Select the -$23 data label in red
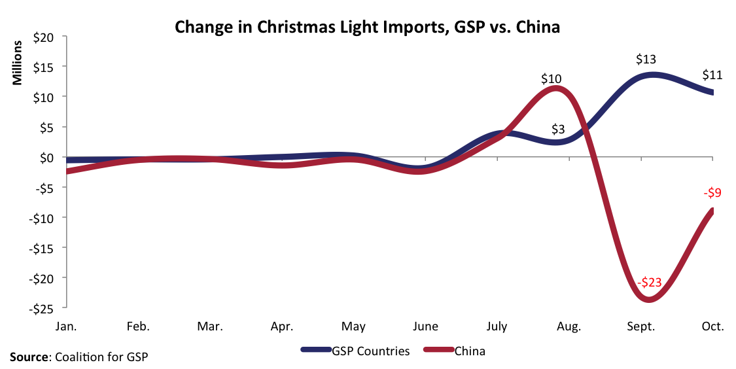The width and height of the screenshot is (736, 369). tap(649, 283)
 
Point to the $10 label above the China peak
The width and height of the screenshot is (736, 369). tap(551, 79)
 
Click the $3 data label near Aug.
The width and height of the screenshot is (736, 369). tap(557, 129)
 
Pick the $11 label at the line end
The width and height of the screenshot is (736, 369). tap(712, 75)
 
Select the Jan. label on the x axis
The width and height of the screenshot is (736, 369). tap(68, 326)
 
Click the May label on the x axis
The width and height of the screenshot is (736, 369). tap(354, 326)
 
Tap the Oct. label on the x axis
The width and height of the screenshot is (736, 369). tap(712, 326)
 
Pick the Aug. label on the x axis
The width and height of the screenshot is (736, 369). tap(569, 326)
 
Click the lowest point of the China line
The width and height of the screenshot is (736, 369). tap(648, 300)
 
